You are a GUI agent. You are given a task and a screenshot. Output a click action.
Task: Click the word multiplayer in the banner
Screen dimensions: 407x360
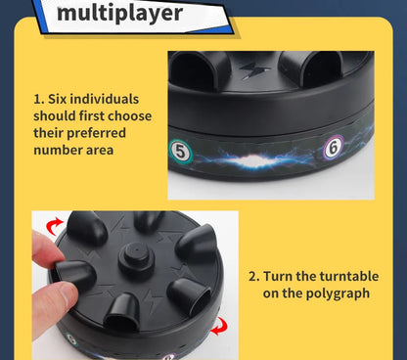119,13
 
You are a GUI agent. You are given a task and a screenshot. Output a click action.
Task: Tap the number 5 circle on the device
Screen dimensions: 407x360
181,152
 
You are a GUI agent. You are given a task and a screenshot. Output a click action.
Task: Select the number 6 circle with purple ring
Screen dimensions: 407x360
334,148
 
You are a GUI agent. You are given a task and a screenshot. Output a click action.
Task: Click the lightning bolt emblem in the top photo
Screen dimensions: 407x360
254,70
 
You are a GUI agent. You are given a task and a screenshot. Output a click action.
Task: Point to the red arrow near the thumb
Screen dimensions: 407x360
54,226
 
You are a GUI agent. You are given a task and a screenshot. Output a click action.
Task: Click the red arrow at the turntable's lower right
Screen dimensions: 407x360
219,326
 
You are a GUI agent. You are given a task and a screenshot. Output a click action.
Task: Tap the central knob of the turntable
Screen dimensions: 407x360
136,257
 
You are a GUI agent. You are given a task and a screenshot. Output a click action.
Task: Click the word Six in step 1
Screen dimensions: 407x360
58,99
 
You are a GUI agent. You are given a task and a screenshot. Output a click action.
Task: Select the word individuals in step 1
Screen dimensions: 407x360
105,99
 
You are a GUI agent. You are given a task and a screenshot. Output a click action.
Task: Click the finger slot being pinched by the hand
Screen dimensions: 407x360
75,273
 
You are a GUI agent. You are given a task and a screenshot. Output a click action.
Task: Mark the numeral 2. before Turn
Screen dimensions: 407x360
254,277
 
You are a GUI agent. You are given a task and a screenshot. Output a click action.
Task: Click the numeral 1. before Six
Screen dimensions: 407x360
39,100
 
